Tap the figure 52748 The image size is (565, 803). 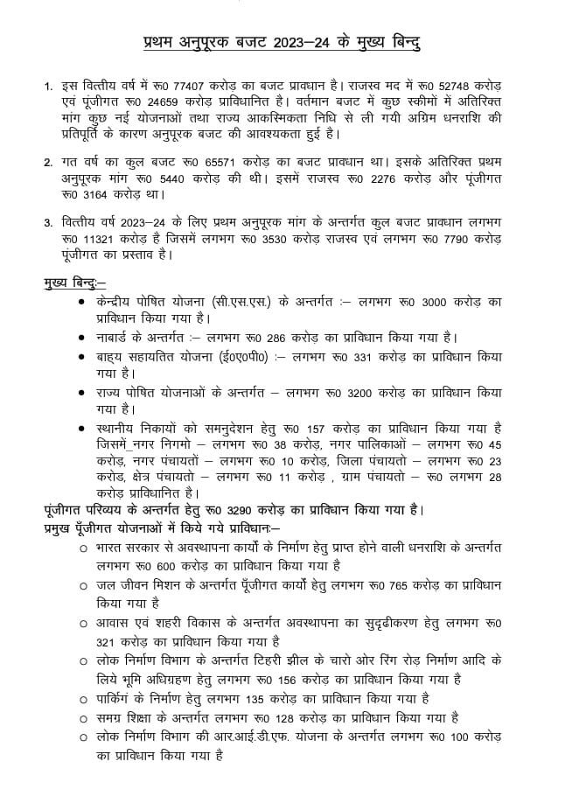coord(464,89)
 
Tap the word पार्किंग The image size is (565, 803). coord(122,697)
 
